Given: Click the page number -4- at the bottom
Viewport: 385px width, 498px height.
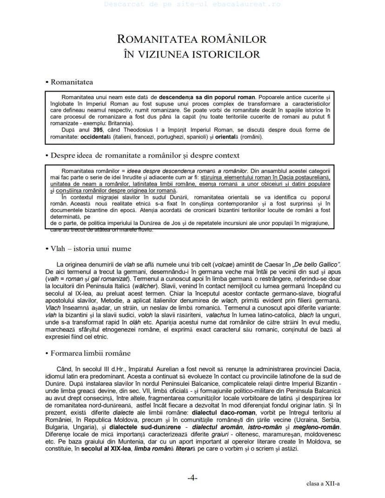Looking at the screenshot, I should click(x=192, y=477).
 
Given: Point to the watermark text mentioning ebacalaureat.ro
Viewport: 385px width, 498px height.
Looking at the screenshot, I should click(x=192, y=4).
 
